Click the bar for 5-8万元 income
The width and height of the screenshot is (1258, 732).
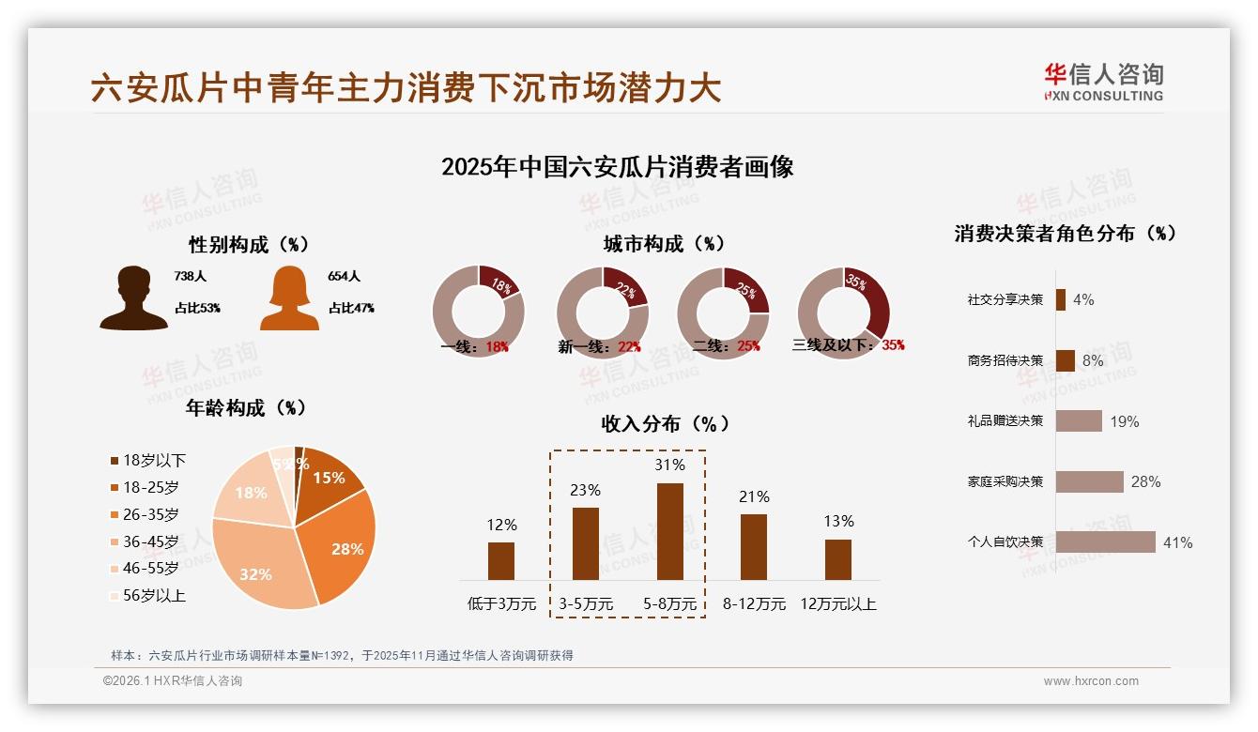[669, 531]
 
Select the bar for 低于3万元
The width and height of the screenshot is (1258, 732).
[501, 560]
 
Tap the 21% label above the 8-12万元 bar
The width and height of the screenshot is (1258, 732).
[754, 496]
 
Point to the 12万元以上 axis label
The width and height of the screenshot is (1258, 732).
[837, 603]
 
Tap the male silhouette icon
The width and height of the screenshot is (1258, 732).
[133, 297]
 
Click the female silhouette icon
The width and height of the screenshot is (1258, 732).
[289, 297]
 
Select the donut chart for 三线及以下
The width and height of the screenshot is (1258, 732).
[842, 312]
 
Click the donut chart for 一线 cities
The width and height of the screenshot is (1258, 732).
[478, 312]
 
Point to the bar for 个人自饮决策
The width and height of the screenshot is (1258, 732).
[1105, 542]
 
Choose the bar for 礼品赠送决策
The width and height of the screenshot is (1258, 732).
[1078, 420]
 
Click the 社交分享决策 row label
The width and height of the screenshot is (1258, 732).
[1005, 299]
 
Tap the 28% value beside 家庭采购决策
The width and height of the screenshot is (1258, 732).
[1145, 481]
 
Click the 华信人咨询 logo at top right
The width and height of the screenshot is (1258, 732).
[1103, 82]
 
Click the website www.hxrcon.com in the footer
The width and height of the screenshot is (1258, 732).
[1091, 681]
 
